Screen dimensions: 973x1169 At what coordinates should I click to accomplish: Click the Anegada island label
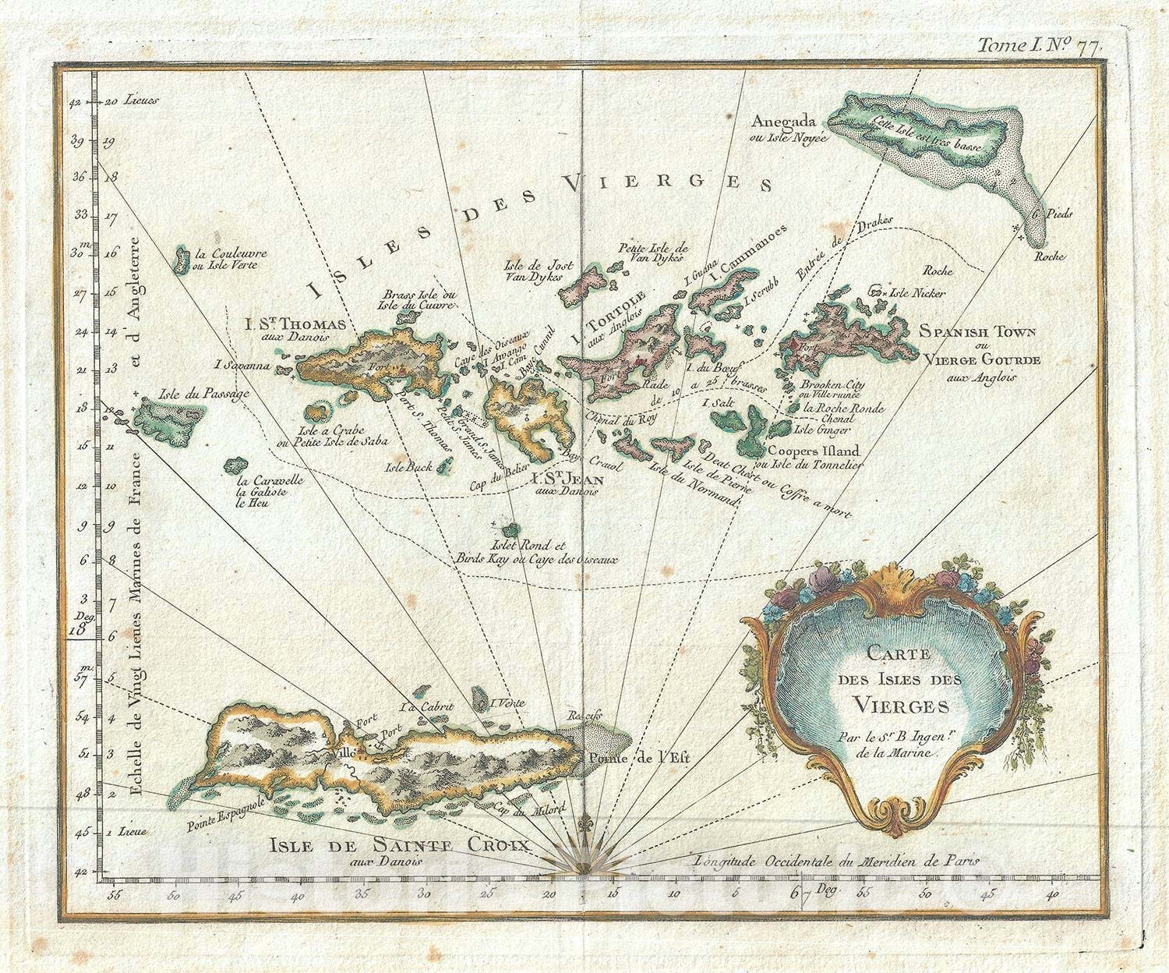783,122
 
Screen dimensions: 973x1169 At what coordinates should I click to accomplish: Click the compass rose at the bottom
584,855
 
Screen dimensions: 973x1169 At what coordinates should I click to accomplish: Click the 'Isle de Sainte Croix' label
400,845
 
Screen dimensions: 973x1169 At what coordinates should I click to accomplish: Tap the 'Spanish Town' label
977,331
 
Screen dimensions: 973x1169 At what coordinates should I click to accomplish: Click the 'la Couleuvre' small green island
182,260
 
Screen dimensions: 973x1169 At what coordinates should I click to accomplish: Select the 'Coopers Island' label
813,451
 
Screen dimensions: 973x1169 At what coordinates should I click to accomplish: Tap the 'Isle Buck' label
408,468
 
